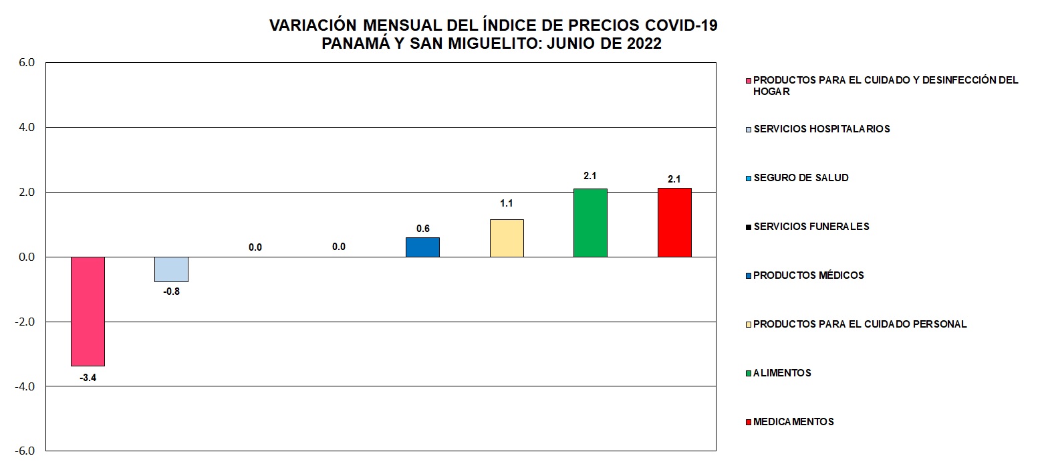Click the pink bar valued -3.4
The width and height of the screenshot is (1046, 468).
88,311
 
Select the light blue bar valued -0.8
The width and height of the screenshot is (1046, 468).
171,269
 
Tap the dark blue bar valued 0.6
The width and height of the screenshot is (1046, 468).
422,247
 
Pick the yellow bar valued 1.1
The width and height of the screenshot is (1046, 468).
507,238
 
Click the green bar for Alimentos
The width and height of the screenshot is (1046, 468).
590,223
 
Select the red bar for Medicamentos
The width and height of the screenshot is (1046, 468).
674,223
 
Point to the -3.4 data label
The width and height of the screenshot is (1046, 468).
88,378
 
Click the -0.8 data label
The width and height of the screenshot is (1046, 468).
171,291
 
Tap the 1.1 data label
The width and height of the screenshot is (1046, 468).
507,203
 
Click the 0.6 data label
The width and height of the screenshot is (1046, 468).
422,229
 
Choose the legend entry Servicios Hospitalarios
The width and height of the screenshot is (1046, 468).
821,129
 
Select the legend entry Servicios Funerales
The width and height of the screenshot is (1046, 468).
811,227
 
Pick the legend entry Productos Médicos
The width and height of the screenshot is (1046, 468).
808,275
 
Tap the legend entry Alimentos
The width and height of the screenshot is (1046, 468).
782,373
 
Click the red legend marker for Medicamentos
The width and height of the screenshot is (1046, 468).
749,422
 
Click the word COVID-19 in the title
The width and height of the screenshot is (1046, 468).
681,25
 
